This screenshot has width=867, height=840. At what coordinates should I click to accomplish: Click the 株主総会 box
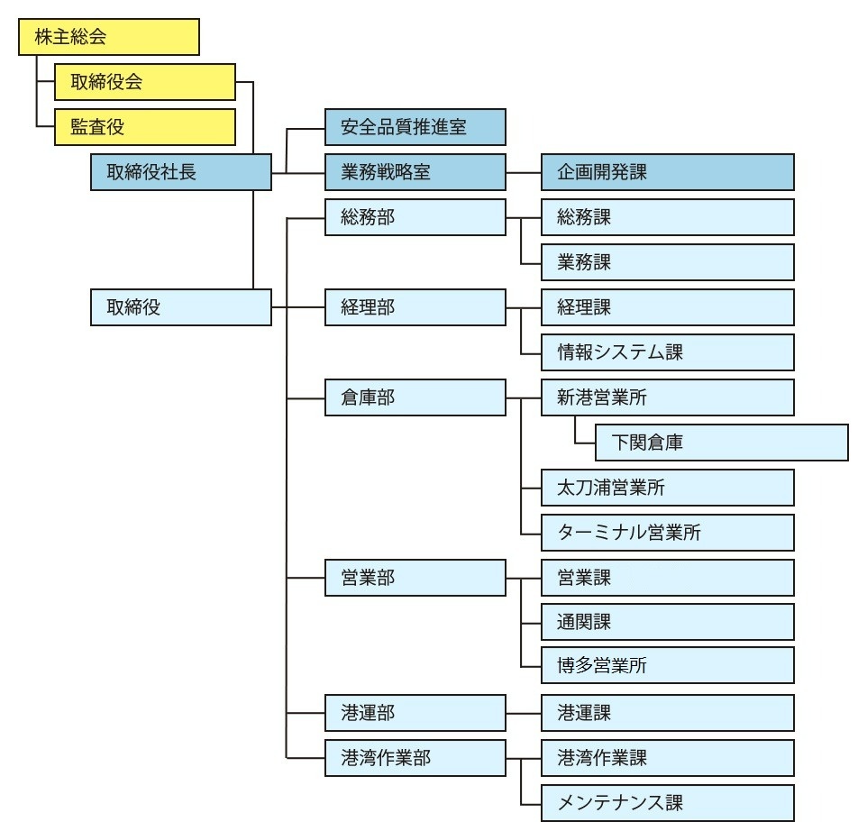pyautogui.click(x=109, y=37)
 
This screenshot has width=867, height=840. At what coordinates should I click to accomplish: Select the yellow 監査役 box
pyautogui.click(x=145, y=127)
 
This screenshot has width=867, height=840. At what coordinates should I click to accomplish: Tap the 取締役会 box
pyautogui.click(x=145, y=82)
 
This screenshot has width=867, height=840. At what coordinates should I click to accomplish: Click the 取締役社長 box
pyautogui.click(x=181, y=172)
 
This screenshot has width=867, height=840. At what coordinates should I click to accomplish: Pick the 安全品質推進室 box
pyautogui.click(x=415, y=127)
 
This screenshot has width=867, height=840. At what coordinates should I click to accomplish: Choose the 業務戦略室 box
pyautogui.click(x=415, y=172)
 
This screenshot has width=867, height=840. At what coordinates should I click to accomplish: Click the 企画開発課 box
pyautogui.click(x=668, y=172)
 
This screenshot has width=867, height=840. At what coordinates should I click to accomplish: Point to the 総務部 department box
pyautogui.click(x=415, y=217)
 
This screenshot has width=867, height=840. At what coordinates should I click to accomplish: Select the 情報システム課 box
pyautogui.click(x=668, y=352)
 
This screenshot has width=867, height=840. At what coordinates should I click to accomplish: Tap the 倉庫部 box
pyautogui.click(x=415, y=397)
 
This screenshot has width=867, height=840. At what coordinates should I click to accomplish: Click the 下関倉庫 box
pyautogui.click(x=722, y=443)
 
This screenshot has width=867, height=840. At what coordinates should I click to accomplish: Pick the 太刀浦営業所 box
pyautogui.click(x=668, y=488)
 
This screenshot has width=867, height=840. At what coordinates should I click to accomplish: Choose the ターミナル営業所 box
pyautogui.click(x=668, y=533)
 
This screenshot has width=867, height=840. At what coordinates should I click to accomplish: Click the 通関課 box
pyautogui.click(x=668, y=622)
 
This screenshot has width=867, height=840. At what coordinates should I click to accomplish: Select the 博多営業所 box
pyautogui.click(x=668, y=665)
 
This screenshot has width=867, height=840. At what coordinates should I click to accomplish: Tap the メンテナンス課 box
pyautogui.click(x=668, y=803)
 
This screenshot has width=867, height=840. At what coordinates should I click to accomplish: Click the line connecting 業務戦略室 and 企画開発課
pyautogui.click(x=524, y=172)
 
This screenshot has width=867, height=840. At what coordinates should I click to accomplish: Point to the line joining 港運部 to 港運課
pyautogui.click(x=524, y=713)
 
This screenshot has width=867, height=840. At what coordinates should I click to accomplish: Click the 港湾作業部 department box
pyautogui.click(x=415, y=758)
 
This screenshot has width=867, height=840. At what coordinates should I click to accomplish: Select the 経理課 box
pyautogui.click(x=668, y=307)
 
